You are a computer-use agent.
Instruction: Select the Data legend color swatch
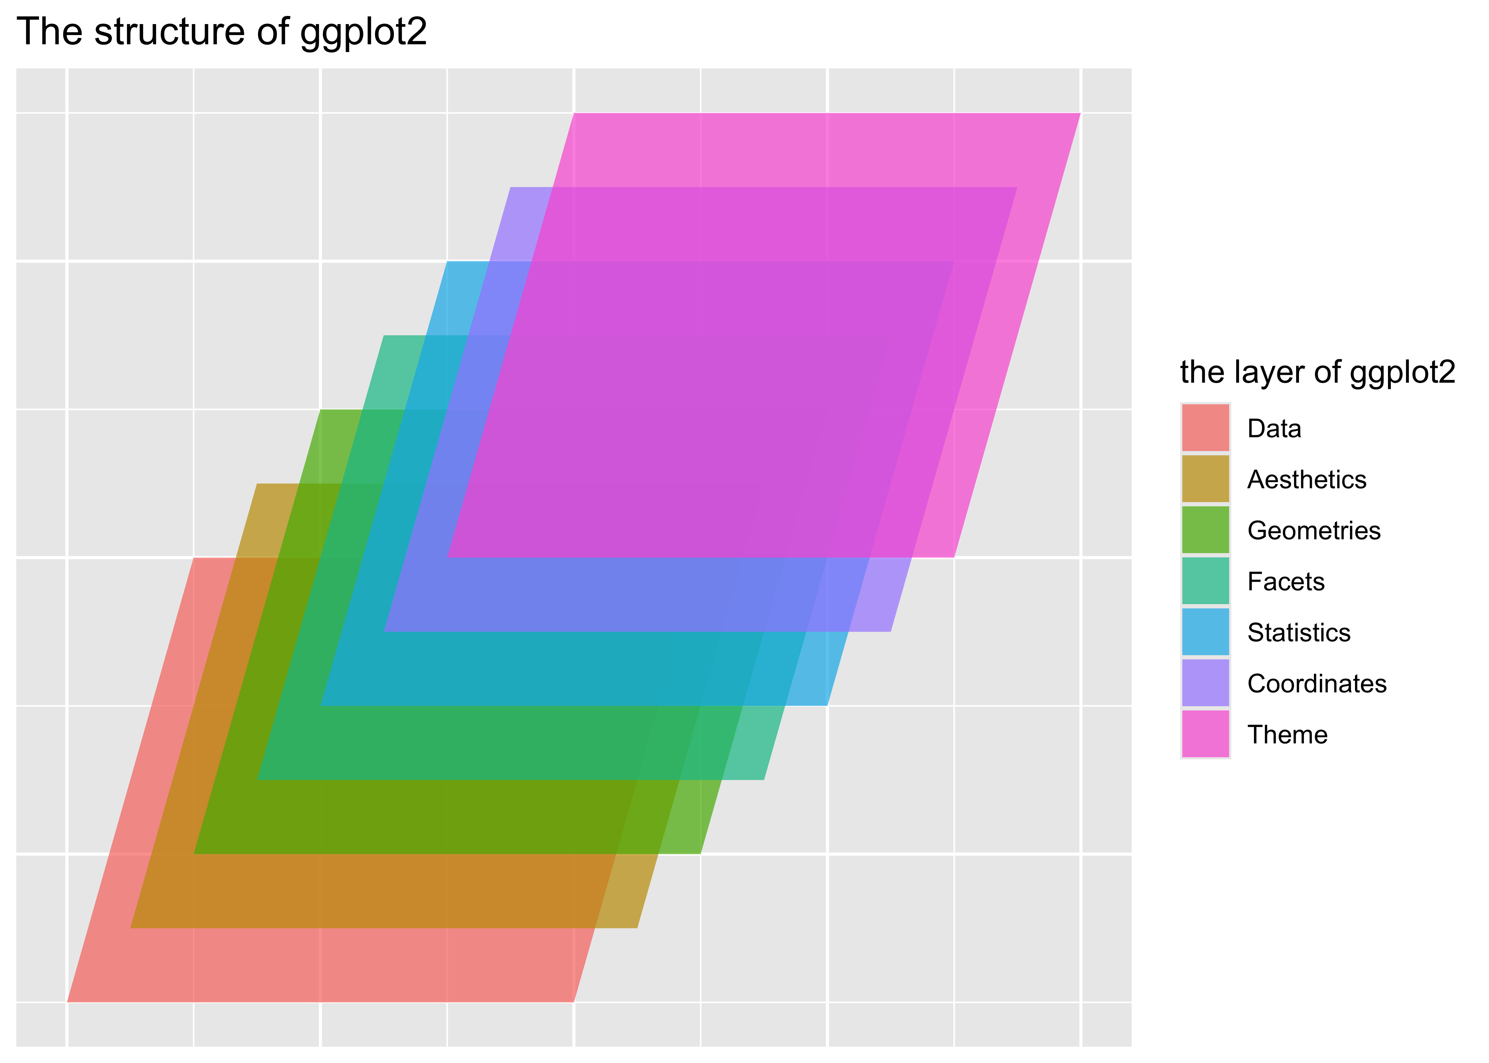pos(1205,428)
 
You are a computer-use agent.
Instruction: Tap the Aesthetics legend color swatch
pos(1205,479)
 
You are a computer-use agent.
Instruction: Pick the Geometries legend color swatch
pos(1205,530)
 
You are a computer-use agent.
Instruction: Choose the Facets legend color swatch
pos(1205,581)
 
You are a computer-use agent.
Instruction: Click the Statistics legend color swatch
pos(1205,632)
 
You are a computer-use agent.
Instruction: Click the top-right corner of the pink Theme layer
pos(1079,114)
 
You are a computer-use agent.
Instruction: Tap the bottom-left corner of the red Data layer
pos(68,1001)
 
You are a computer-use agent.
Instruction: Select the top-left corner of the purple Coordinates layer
pos(511,188)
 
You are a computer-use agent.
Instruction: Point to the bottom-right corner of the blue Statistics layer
pos(827,705)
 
